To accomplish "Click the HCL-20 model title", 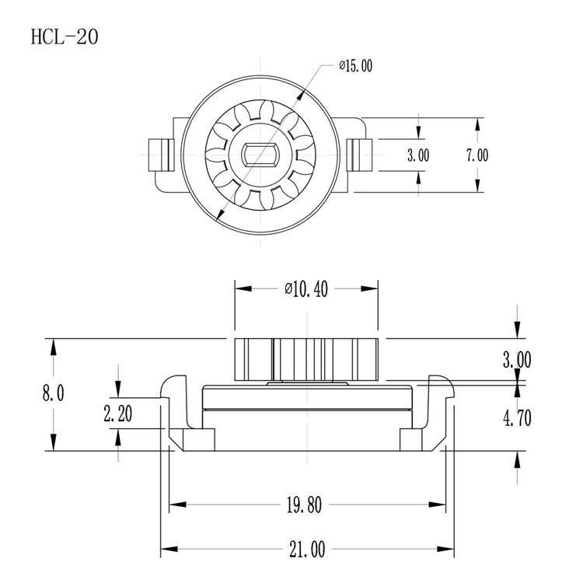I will [64, 37].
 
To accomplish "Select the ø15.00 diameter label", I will [355, 66].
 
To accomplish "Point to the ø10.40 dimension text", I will [306, 289].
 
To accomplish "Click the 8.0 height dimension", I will [54, 393].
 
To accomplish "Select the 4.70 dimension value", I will [517, 417].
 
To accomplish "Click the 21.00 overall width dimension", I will [306, 549].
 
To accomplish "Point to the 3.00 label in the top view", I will [418, 155].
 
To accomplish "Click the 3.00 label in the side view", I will [517, 360].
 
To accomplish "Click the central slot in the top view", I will [262, 155].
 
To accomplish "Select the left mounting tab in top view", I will [159, 155].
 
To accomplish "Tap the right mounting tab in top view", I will [359, 155].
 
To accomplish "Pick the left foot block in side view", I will [191, 440].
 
